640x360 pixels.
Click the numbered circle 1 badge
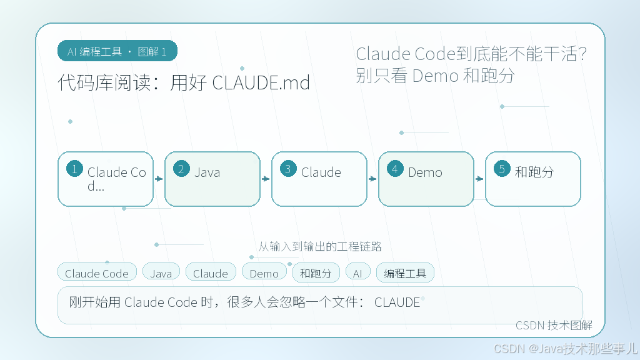[75, 169]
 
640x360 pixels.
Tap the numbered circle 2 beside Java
[181, 169]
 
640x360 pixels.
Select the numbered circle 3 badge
[288, 169]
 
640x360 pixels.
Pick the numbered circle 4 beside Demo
[395, 169]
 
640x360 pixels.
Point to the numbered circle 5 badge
[502, 169]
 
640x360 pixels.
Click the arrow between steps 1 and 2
[159, 179]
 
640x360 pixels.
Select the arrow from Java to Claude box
[266, 179]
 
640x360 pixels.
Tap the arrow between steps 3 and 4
[372, 179]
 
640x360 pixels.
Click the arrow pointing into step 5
[479, 179]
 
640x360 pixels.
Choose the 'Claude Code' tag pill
[97, 272]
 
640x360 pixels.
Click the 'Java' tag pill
[161, 272]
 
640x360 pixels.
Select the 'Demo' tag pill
[264, 272]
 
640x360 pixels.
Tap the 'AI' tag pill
[358, 272]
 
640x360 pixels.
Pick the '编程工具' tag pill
[405, 272]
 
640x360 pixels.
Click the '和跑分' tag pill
[316, 272]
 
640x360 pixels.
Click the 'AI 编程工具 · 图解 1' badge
[117, 51]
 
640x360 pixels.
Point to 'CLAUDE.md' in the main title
[261, 82]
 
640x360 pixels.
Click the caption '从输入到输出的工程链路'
[320, 246]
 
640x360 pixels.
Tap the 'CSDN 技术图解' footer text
[554, 325]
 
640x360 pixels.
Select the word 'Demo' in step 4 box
[425, 172]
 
